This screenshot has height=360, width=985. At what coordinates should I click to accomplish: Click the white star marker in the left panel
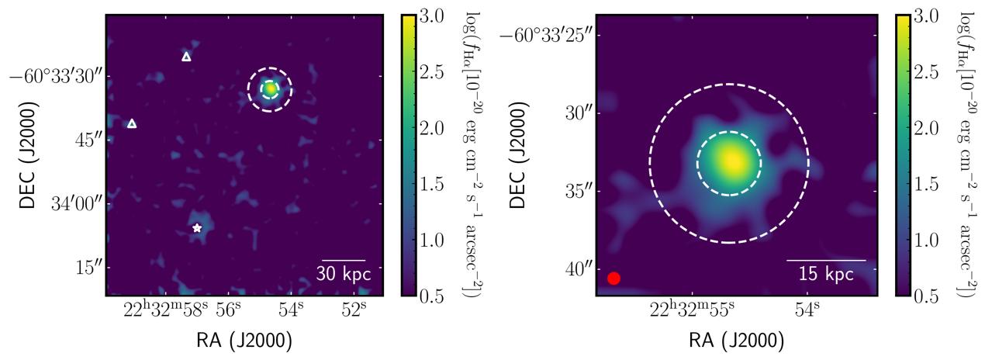197,228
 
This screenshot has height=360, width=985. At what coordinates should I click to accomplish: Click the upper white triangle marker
186,57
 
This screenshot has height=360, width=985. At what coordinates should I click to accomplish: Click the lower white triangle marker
132,123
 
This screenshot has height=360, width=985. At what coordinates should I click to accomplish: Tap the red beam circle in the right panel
613,279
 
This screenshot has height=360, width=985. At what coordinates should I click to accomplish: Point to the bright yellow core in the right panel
731,161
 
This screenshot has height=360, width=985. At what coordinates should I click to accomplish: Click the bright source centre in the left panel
270,88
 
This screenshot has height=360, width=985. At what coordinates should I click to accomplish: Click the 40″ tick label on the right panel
577,269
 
